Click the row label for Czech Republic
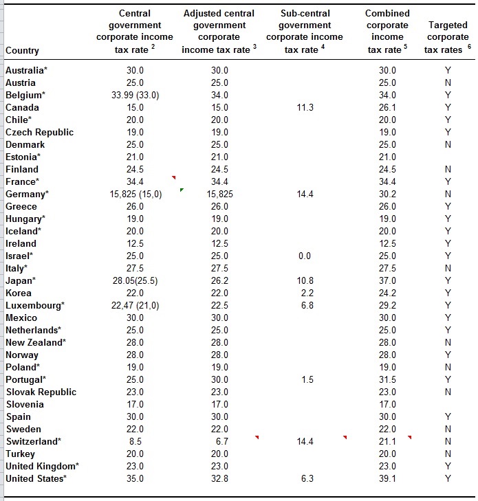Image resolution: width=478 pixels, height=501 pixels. (39, 132)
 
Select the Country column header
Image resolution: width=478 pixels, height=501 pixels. (22, 50)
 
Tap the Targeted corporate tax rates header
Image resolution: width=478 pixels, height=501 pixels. (448, 37)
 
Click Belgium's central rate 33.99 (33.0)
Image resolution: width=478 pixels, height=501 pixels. (135, 96)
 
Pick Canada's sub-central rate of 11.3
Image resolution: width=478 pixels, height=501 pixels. (305, 107)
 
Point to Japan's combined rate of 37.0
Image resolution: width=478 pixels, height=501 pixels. (387, 280)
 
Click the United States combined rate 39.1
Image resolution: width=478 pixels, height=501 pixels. (387, 478)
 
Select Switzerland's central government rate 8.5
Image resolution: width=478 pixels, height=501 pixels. (135, 442)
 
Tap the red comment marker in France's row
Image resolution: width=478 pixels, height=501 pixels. (174, 177)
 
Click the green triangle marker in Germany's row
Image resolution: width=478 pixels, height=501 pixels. (182, 190)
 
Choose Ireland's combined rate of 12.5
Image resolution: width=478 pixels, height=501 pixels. (387, 243)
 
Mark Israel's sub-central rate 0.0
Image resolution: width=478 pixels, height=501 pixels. (305, 256)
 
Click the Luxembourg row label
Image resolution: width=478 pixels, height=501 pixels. (35, 305)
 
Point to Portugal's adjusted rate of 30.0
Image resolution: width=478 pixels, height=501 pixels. (219, 379)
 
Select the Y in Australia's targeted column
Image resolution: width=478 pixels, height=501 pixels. (448, 70)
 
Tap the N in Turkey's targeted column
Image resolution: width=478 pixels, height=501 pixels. (448, 454)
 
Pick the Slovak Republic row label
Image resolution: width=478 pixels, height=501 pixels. (41, 392)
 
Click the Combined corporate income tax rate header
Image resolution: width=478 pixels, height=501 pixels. (387, 32)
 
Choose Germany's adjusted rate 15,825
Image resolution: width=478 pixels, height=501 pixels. (219, 194)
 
